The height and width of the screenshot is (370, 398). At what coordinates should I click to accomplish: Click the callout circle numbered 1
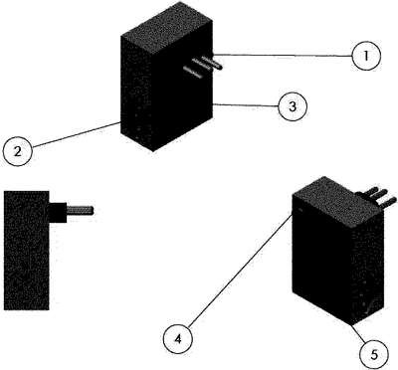366,56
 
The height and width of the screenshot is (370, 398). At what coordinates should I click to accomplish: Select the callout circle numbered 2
17,152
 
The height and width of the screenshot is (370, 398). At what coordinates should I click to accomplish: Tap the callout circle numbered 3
293,106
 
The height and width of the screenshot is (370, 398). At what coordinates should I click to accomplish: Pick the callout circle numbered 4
178,339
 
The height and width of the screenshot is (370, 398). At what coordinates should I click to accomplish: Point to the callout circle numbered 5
374,355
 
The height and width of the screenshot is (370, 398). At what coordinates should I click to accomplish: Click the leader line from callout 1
282,55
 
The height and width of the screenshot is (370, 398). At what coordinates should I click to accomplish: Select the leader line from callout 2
76,134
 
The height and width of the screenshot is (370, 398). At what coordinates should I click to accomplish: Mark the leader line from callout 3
245,105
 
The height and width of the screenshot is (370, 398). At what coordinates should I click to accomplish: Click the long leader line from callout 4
241,271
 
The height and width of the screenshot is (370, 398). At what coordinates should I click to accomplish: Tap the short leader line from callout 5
359,334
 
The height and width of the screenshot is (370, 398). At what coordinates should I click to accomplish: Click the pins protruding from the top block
203,66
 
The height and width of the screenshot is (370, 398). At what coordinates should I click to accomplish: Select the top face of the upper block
167,28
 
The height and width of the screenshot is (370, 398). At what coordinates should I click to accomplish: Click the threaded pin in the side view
80,210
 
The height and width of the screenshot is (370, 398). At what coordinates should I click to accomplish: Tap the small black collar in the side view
58,212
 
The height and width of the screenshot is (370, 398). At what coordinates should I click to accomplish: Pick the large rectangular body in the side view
27,251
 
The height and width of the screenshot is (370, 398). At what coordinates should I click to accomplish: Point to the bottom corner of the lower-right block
352,325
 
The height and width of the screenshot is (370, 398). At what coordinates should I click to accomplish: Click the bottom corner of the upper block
152,151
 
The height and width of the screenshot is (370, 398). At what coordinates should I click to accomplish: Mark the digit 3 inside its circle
292,106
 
